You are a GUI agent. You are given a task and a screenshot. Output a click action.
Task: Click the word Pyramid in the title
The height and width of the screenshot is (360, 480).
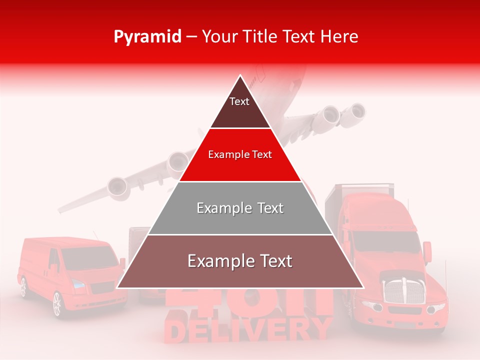147,37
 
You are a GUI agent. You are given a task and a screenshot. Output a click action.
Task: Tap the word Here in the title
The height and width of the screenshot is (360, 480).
340,36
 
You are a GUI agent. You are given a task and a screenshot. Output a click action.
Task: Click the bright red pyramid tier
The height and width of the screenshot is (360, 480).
240,155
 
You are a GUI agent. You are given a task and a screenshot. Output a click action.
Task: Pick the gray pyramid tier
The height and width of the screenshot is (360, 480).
240,208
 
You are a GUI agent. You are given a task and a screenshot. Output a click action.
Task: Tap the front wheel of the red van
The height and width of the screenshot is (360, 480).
56,304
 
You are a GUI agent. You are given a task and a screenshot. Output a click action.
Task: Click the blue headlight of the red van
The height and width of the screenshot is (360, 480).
78,283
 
